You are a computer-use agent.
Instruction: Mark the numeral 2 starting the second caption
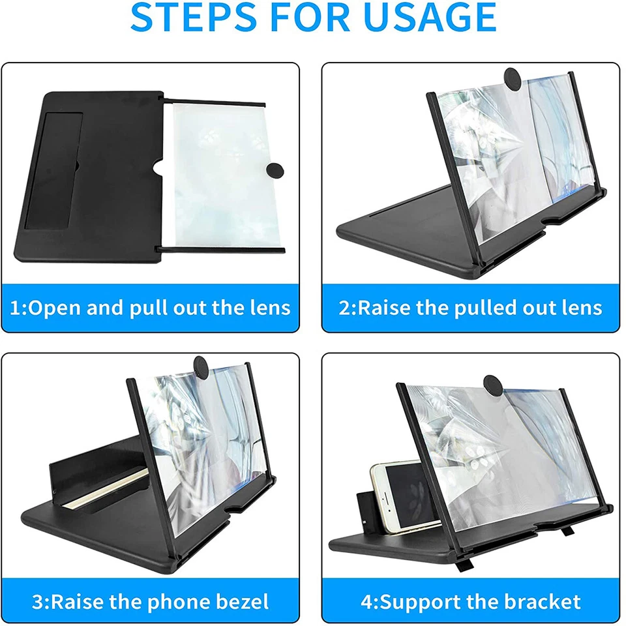pos(344,307)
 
